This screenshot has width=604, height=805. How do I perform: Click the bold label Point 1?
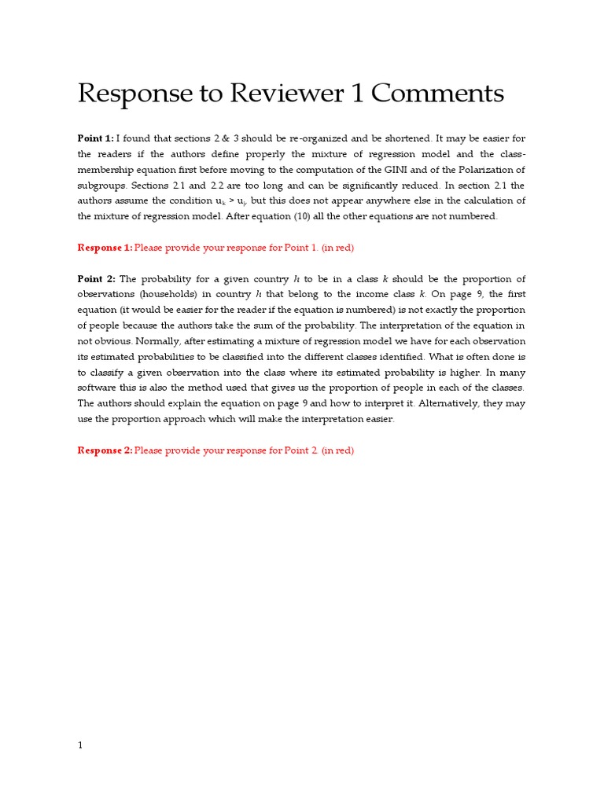pyautogui.click(x=95, y=138)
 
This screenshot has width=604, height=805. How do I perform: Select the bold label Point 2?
pyautogui.click(x=96, y=279)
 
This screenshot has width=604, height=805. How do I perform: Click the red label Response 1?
pyautogui.click(x=105, y=248)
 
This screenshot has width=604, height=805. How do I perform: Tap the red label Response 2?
pyautogui.click(x=105, y=450)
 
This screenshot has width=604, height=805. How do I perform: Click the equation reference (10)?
pyautogui.click(x=303, y=216)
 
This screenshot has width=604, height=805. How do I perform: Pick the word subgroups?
pyautogui.click(x=100, y=186)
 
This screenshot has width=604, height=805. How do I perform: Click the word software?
pyautogui.click(x=99, y=388)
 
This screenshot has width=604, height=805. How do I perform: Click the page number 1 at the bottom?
pyautogui.click(x=80, y=745)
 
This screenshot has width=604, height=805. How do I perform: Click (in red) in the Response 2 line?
pyautogui.click(x=337, y=450)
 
